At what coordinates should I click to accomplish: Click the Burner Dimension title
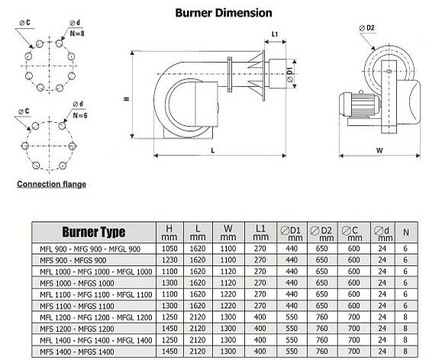click(224, 13)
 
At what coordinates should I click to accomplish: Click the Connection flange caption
click(52, 185)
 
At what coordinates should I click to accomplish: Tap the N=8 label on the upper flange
click(77, 34)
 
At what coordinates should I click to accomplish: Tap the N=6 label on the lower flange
click(80, 115)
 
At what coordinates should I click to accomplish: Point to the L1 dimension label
click(275, 34)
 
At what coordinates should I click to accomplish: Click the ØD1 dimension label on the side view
click(290, 75)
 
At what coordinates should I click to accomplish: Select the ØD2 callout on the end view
click(366, 28)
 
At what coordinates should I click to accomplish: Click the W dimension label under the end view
click(379, 150)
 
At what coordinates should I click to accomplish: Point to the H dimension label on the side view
click(127, 99)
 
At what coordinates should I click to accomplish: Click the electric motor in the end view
click(360, 104)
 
